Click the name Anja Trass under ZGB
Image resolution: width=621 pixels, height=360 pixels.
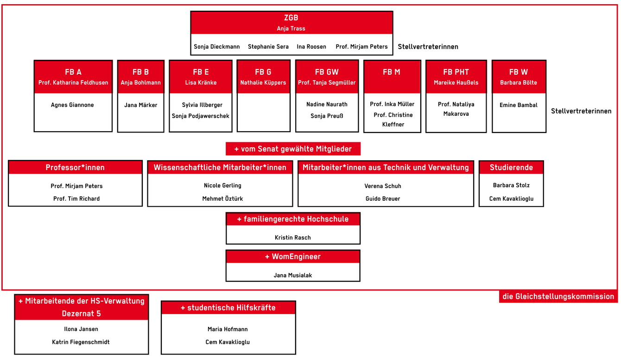(x=291, y=29)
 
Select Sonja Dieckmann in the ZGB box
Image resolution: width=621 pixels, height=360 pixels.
(x=217, y=46)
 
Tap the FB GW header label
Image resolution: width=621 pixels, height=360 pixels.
(x=327, y=72)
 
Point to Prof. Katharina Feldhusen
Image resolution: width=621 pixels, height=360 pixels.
(x=73, y=82)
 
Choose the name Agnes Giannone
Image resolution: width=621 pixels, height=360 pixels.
(x=72, y=105)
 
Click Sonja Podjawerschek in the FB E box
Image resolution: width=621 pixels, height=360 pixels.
(x=201, y=116)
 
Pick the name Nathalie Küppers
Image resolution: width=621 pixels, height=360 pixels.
(x=263, y=82)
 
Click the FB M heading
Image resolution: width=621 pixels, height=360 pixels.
(x=392, y=72)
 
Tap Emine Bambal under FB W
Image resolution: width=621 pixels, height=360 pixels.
(x=519, y=105)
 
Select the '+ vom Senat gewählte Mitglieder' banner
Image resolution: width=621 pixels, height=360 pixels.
(x=293, y=149)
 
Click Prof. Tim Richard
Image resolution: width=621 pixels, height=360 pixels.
(x=76, y=199)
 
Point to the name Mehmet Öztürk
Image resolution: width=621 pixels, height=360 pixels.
(x=222, y=199)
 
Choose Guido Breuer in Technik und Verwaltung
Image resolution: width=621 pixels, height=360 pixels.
(x=383, y=199)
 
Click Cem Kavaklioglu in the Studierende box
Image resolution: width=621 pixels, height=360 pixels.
(x=511, y=199)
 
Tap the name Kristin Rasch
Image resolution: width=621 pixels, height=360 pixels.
(x=293, y=238)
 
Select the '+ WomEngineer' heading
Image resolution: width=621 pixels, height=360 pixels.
(x=293, y=257)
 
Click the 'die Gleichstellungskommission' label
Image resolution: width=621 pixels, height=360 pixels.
(x=558, y=297)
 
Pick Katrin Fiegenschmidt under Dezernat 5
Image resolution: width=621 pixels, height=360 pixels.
(x=81, y=342)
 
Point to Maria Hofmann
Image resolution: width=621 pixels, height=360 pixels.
(x=228, y=329)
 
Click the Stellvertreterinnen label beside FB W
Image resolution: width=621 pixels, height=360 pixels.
(x=581, y=111)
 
